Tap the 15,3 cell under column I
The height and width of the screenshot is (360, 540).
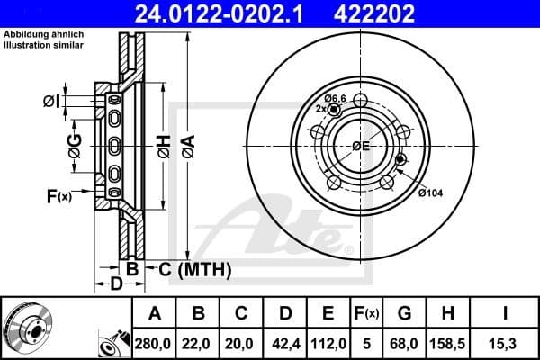[508, 342]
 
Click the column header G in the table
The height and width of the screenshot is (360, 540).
[405, 313]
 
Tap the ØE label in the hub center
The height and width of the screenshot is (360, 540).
[361, 146]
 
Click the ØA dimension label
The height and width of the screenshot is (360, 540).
[188, 141]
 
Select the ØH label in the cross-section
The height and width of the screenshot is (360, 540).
[163, 141]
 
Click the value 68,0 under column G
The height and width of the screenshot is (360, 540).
[405, 342]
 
